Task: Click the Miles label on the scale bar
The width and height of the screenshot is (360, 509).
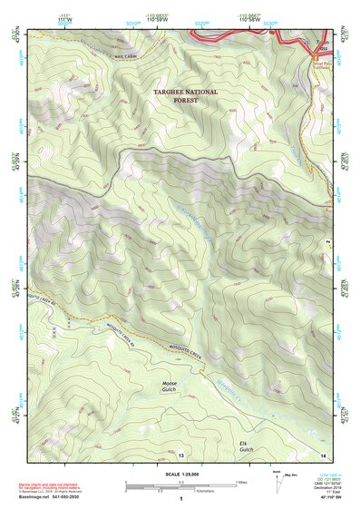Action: point(239,481)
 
